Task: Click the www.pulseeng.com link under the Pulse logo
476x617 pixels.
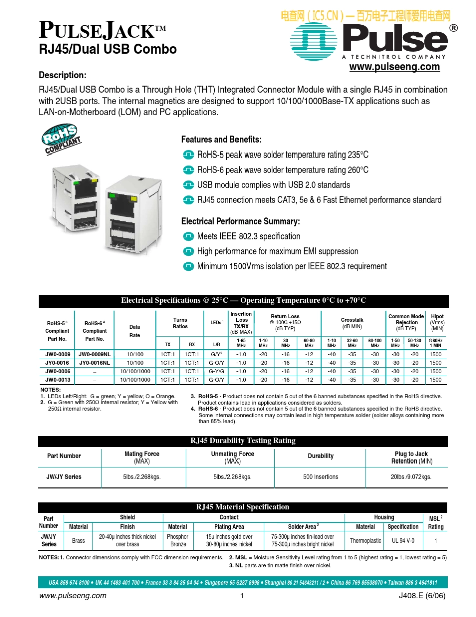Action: [394, 67]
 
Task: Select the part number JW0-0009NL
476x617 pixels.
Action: [95, 355]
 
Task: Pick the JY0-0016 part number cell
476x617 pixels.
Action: [57, 363]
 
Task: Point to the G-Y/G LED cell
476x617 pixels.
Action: [216, 371]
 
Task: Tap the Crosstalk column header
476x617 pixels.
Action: [352, 320]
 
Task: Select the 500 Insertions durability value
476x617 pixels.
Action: [321, 477]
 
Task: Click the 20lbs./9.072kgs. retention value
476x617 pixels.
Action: [411, 477]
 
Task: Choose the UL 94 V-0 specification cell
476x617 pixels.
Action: [403, 541]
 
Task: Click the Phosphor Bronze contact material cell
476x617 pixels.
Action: [177, 540]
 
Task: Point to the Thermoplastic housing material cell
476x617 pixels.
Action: [365, 541]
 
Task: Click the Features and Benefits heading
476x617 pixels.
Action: [221, 139]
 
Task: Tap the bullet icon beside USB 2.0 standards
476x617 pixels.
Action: [188, 185]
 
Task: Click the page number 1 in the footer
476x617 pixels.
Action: [241, 596]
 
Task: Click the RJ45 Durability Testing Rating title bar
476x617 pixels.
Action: [243, 441]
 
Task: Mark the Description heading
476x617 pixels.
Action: [63, 75]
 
